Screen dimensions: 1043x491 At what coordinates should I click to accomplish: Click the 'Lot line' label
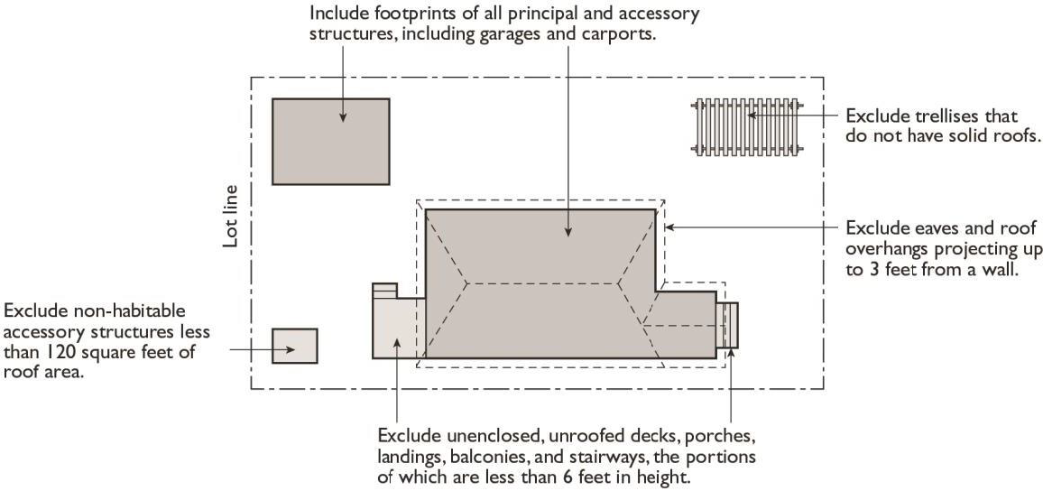tap(230, 217)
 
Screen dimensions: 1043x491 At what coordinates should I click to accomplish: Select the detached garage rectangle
tap(330, 142)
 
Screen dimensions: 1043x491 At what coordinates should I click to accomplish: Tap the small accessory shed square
tap(295, 346)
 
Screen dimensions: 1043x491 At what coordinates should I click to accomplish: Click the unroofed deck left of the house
tap(398, 326)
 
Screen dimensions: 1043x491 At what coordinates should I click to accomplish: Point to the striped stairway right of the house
tap(727, 325)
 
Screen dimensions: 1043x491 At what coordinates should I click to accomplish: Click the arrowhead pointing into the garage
tap(343, 117)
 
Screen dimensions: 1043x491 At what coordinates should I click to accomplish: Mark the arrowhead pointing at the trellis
tap(751, 115)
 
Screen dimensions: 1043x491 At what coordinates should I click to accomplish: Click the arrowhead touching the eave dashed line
tap(670, 227)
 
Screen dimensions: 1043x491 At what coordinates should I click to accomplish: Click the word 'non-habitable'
tap(137, 311)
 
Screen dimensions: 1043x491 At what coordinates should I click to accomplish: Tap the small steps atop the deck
tap(384, 291)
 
